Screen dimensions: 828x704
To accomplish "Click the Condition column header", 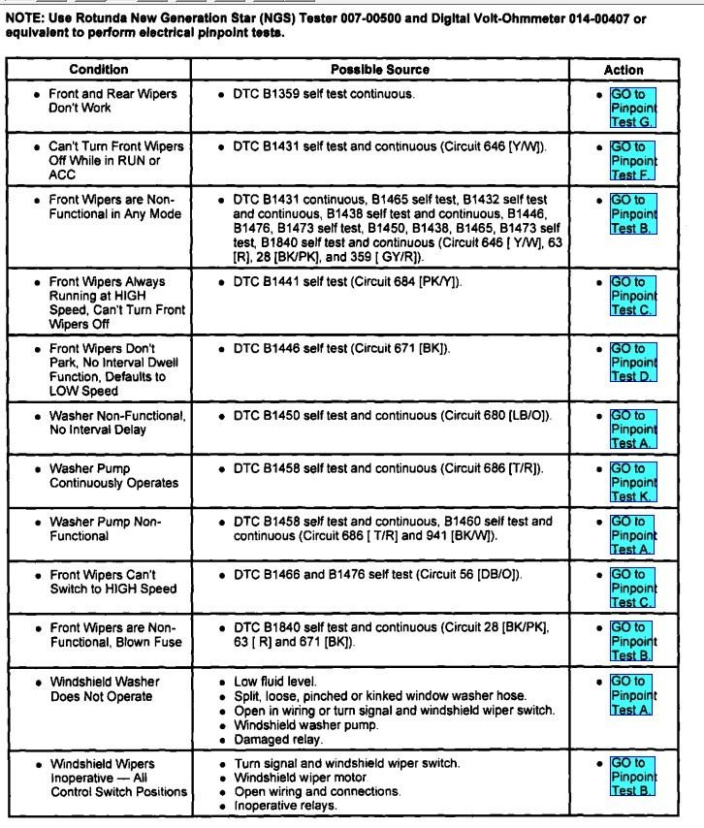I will click(98, 70).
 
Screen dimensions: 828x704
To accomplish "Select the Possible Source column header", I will click(379, 70).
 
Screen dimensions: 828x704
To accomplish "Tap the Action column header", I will click(623, 70).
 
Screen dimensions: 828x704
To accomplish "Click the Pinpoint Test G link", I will click(632, 108).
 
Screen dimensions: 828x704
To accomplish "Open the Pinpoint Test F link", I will click(632, 160).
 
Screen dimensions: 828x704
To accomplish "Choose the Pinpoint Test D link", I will click(632, 363).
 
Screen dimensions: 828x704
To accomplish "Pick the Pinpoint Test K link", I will click(632, 482).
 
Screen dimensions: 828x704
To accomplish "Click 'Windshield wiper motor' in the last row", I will click(301, 778).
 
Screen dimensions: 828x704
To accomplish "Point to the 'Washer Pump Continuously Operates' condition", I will click(113, 476).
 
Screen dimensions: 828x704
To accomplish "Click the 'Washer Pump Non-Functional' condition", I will click(105, 528).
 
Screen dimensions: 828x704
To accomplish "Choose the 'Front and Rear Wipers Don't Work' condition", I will click(112, 101).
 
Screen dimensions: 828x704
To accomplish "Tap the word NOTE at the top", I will click(23, 18).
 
